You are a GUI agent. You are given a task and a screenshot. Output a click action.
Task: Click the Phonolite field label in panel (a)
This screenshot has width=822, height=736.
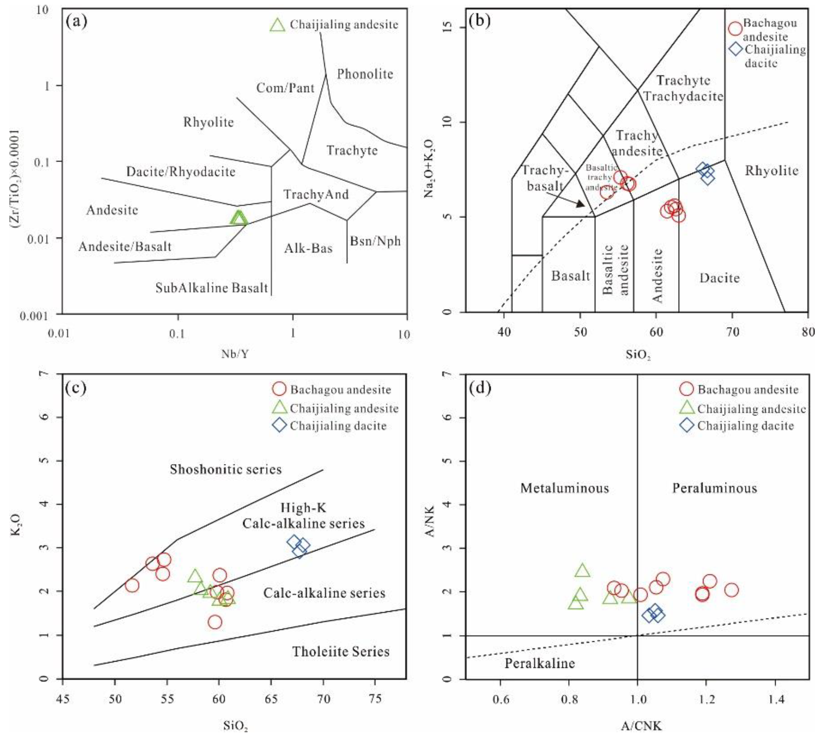pyautogui.click(x=365, y=74)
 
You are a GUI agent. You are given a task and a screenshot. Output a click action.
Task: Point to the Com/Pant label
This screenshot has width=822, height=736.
pyautogui.click(x=285, y=88)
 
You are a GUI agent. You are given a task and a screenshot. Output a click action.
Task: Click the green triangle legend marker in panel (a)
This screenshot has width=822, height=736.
pyautogui.click(x=278, y=25)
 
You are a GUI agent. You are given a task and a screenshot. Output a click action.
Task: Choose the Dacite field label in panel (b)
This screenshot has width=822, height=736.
pyautogui.click(x=720, y=278)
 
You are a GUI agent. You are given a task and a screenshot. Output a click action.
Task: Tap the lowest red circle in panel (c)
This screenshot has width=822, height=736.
pyautogui.click(x=215, y=622)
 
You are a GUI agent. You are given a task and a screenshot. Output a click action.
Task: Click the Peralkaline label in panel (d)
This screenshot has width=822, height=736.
pyautogui.click(x=540, y=663)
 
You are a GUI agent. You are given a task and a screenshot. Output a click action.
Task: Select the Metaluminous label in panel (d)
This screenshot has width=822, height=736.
pyautogui.click(x=564, y=488)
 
